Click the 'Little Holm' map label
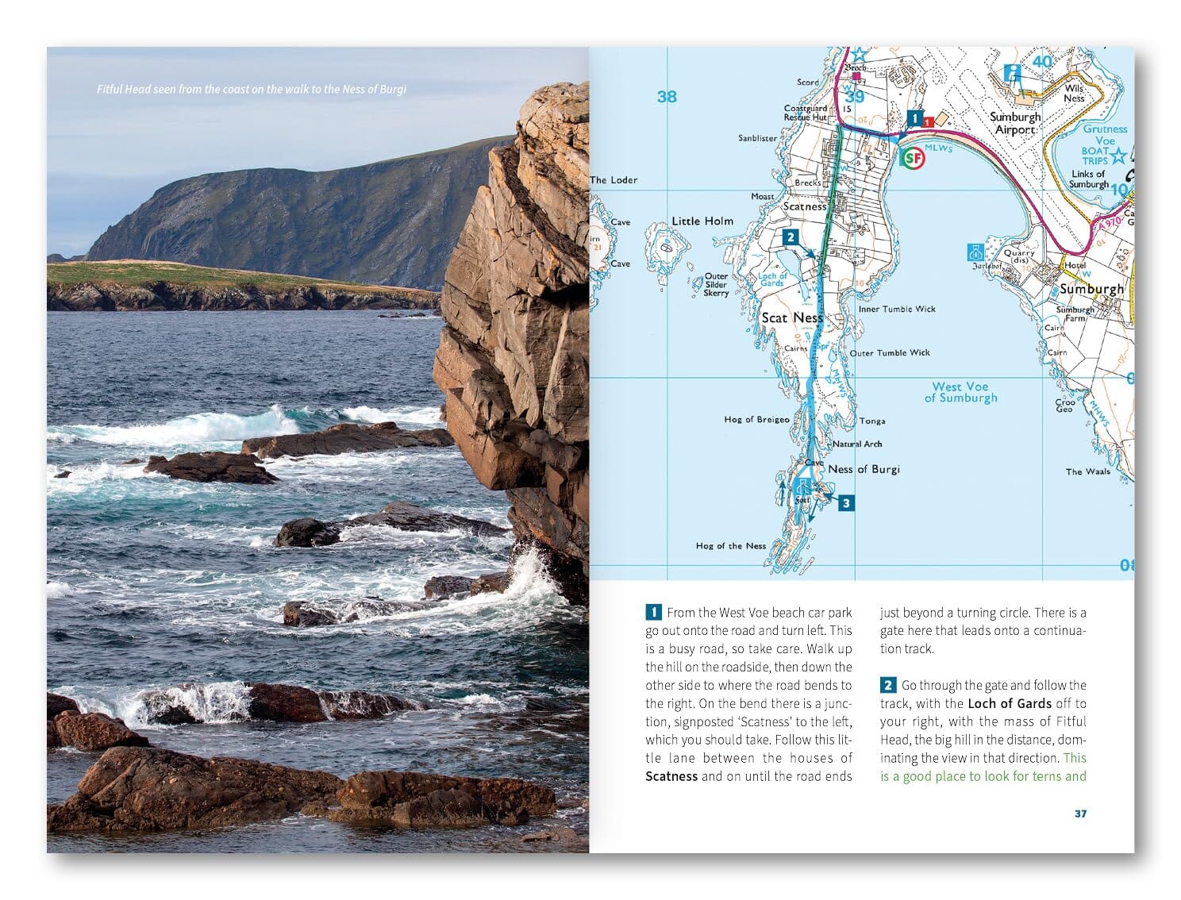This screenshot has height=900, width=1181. tap(702, 221)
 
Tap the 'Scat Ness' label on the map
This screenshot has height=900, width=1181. tap(792, 317)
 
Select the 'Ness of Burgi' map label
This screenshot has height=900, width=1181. tap(864, 469)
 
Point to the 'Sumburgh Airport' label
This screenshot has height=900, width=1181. tap(1015, 123)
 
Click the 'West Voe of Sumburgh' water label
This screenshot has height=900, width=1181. tap(960, 392)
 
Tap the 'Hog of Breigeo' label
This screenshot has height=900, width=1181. tap(756, 419)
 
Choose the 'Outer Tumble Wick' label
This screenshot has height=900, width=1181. tap(890, 352)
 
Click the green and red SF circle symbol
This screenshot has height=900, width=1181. tap(914, 158)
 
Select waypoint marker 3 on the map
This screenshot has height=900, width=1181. tap(846, 502)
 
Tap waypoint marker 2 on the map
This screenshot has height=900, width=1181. tap(790, 237)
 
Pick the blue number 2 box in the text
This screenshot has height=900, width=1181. tap(888, 685)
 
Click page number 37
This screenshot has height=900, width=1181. tap(1080, 813)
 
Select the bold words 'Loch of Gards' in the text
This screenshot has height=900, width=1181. tap(1010, 703)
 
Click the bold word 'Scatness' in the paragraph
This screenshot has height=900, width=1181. tap(671, 776)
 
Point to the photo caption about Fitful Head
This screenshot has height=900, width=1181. tap(252, 89)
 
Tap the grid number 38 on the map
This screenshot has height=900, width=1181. tap(667, 97)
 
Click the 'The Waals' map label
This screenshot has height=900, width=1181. tap(1087, 471)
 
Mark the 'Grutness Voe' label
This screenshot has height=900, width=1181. tap(1105, 134)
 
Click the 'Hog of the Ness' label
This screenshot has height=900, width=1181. tap(731, 546)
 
